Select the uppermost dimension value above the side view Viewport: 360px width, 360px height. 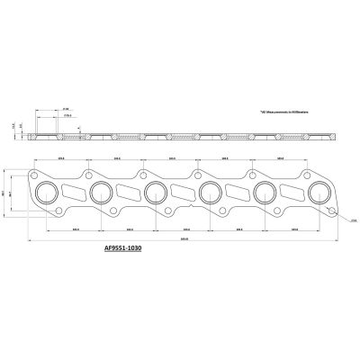pos(66,108)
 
